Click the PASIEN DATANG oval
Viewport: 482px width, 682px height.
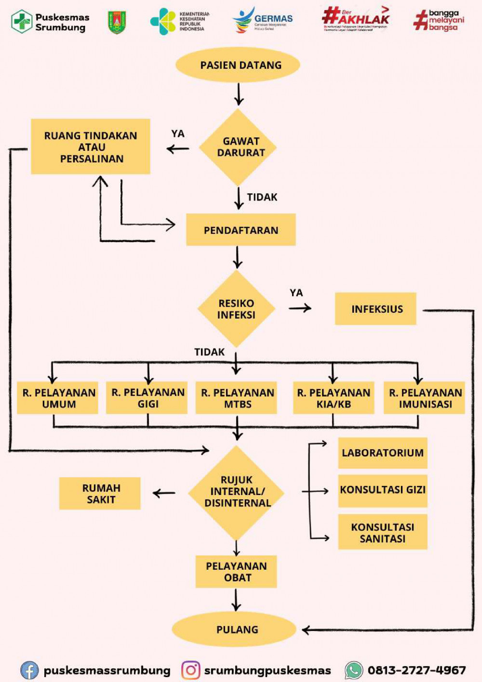[238, 65]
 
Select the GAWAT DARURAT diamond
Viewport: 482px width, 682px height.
[238, 147]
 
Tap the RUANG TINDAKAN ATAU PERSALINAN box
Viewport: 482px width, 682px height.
[91, 147]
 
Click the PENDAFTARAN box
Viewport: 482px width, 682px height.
[241, 230]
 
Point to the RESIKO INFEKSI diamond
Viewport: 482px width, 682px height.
[236, 309]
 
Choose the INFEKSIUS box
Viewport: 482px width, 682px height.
[376, 309]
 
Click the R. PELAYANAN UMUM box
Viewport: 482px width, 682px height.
[58, 398]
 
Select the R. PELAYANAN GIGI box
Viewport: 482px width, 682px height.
[147, 398]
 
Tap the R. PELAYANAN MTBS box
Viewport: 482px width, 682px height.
[237, 398]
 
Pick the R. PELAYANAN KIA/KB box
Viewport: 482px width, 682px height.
[334, 398]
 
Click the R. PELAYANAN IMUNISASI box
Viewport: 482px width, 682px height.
[425, 398]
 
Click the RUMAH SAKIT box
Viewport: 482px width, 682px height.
[100, 494]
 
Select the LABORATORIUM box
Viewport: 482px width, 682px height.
[383, 453]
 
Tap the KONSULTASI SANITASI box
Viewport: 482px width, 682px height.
[383, 532]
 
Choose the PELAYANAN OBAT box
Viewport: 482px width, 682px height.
[236, 572]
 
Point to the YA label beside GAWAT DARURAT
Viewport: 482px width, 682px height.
[178, 134]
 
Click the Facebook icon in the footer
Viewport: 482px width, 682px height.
[29, 670]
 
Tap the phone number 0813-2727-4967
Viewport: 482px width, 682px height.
[416, 670]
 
